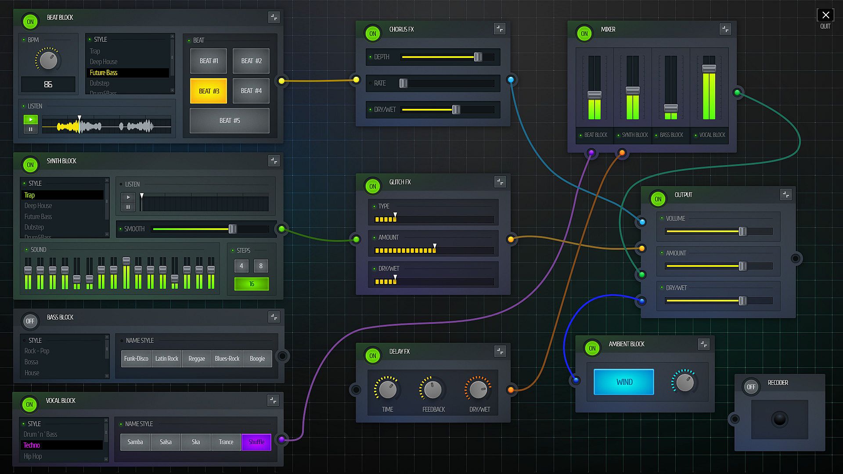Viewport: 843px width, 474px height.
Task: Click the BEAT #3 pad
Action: coord(209,91)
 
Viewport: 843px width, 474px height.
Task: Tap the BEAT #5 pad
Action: coord(229,120)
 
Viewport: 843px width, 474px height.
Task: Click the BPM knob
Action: coord(48,60)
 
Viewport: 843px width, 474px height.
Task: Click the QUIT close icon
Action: coord(825,15)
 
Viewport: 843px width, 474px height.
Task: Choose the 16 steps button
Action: coord(252,284)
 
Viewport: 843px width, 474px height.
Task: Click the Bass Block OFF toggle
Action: coord(30,321)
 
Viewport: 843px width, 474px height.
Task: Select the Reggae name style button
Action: coord(197,359)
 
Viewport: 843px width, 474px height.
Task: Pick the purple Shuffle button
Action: coord(256,442)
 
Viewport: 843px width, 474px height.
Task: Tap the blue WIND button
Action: coord(624,382)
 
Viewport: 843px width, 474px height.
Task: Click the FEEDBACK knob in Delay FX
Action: coord(433,390)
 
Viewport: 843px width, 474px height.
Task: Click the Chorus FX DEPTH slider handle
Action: coord(478,57)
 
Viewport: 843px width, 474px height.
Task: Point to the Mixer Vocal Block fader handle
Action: coord(709,68)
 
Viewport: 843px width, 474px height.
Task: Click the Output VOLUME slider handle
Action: coord(742,231)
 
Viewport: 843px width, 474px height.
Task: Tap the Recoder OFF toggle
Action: coord(751,387)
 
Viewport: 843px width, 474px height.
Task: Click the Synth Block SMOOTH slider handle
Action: coord(233,229)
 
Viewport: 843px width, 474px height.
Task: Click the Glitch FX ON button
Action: coord(373,186)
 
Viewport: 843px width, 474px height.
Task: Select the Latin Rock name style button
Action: coord(166,359)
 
